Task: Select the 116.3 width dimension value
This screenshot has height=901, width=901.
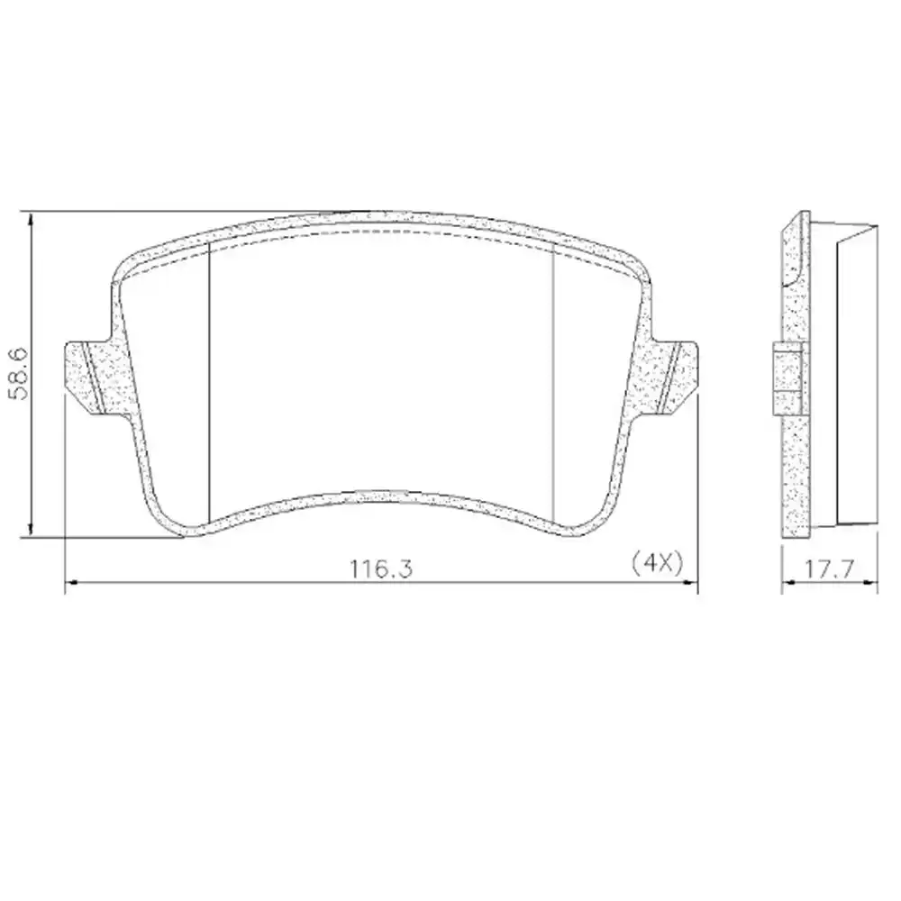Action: (382, 568)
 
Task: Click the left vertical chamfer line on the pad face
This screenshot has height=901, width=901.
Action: (209, 378)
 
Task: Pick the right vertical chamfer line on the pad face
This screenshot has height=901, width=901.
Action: (552, 378)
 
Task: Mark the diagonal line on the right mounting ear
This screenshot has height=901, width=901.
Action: (669, 378)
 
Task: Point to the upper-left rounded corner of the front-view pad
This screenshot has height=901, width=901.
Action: (122, 263)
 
